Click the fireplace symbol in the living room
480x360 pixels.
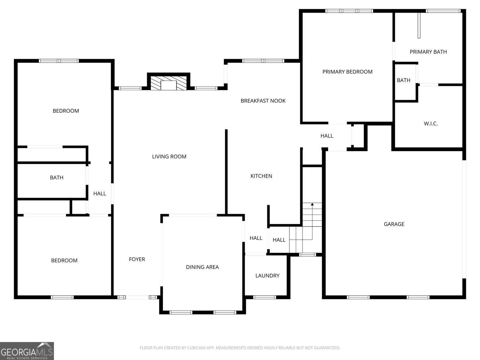tap(168, 83)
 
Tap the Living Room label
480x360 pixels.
tap(169, 157)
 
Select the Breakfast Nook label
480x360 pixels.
tap(263, 101)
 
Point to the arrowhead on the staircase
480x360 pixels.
tap(312, 204)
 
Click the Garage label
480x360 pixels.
tap(394, 224)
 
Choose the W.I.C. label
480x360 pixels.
tap(430, 124)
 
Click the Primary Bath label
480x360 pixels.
tap(428, 52)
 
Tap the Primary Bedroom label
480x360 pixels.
tap(347, 72)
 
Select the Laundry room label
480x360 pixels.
tap(267, 276)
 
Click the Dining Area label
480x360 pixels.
tap(202, 267)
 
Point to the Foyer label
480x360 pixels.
tap(137, 259)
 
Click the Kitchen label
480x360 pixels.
tap(261, 176)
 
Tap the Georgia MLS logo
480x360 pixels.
tap(27, 351)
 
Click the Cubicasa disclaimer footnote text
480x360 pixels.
tap(240, 348)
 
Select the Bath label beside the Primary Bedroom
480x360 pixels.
tap(403, 80)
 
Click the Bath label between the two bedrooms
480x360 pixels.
tap(56, 178)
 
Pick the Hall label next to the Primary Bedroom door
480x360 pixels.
tap(327, 136)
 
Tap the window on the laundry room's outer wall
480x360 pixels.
tap(264, 297)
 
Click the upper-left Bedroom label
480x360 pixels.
tap(66, 111)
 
